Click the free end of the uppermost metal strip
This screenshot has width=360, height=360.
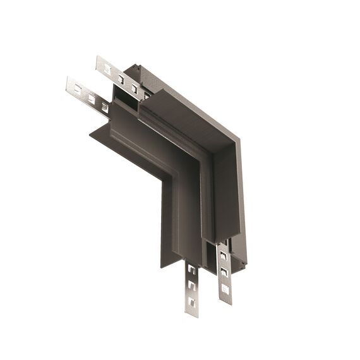99,62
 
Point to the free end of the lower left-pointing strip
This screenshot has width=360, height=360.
69,85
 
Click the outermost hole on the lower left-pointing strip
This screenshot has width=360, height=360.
78,90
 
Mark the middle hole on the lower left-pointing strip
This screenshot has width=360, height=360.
91,99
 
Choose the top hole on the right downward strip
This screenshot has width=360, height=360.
222,256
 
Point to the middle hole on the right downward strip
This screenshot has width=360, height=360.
223,272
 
